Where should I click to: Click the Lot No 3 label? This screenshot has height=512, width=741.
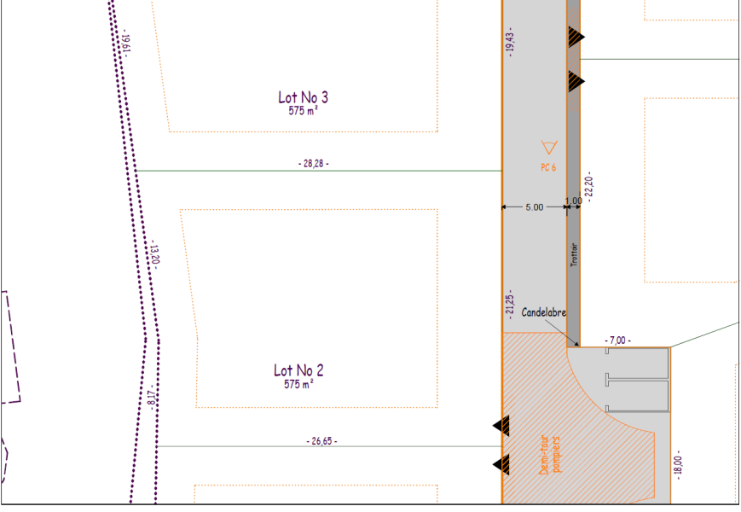point(303,97)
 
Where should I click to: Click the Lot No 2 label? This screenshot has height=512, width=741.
point(298,370)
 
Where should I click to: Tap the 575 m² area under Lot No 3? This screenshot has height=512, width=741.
point(303,111)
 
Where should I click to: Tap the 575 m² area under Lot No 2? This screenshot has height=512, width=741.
point(298,384)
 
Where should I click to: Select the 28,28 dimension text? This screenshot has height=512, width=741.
point(314,164)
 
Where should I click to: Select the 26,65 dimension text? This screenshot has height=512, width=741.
point(321,441)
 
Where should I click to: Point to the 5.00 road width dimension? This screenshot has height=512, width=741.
point(535,207)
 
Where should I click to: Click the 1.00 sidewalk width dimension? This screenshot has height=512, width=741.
point(574,201)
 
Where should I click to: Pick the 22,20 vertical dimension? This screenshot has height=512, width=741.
point(589,187)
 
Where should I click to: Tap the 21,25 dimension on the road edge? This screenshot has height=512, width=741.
point(509,305)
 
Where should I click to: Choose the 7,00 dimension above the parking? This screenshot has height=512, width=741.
point(617,340)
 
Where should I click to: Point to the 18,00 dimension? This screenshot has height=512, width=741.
point(679,465)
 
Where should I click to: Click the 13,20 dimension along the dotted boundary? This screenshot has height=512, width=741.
point(154,254)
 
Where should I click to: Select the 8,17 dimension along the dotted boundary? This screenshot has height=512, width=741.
point(151,397)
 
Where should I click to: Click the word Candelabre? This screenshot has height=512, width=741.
point(543,312)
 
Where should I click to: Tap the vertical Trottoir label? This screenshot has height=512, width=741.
point(574,255)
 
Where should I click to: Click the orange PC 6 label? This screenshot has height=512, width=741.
point(548,167)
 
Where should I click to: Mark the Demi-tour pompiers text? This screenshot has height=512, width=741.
point(550,455)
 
